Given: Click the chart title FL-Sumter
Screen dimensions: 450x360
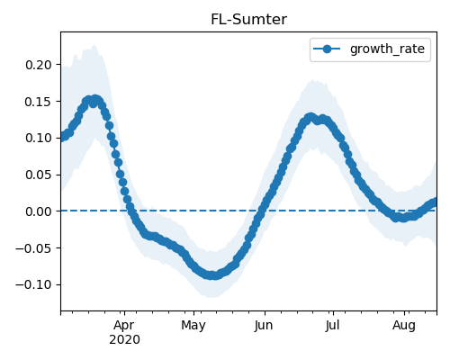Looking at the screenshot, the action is pos(248,20).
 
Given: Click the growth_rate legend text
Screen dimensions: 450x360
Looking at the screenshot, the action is pos(387,49).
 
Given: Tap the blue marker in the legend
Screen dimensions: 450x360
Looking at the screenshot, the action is pos(327,49).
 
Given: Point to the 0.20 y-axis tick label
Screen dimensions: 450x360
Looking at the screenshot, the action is pos(39,65).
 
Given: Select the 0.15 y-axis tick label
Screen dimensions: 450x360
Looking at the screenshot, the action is pos(39,102).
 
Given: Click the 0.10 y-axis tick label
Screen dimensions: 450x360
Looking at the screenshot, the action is pos(39,139).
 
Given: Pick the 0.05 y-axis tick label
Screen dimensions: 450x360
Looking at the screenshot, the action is pos(39,175).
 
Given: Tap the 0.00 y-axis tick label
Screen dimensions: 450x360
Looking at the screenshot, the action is pos(39,211).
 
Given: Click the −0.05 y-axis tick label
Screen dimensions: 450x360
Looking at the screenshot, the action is pos(34,248).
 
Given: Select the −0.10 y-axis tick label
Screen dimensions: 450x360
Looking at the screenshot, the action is pos(34,285).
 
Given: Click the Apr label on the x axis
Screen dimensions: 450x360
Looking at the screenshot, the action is pos(124,326).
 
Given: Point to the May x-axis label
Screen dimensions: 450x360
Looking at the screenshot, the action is pos(193,326).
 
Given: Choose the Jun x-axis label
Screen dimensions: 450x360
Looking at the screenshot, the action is pos(264,326).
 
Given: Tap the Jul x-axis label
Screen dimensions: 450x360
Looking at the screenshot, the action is pos(332,326).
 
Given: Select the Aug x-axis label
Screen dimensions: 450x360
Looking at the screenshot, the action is pos(404,326).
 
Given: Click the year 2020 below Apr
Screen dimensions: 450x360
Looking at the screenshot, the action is pos(124,340).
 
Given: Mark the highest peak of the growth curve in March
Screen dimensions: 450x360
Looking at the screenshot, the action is pos(95,99).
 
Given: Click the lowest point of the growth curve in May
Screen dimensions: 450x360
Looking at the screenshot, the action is pos(212,275).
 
